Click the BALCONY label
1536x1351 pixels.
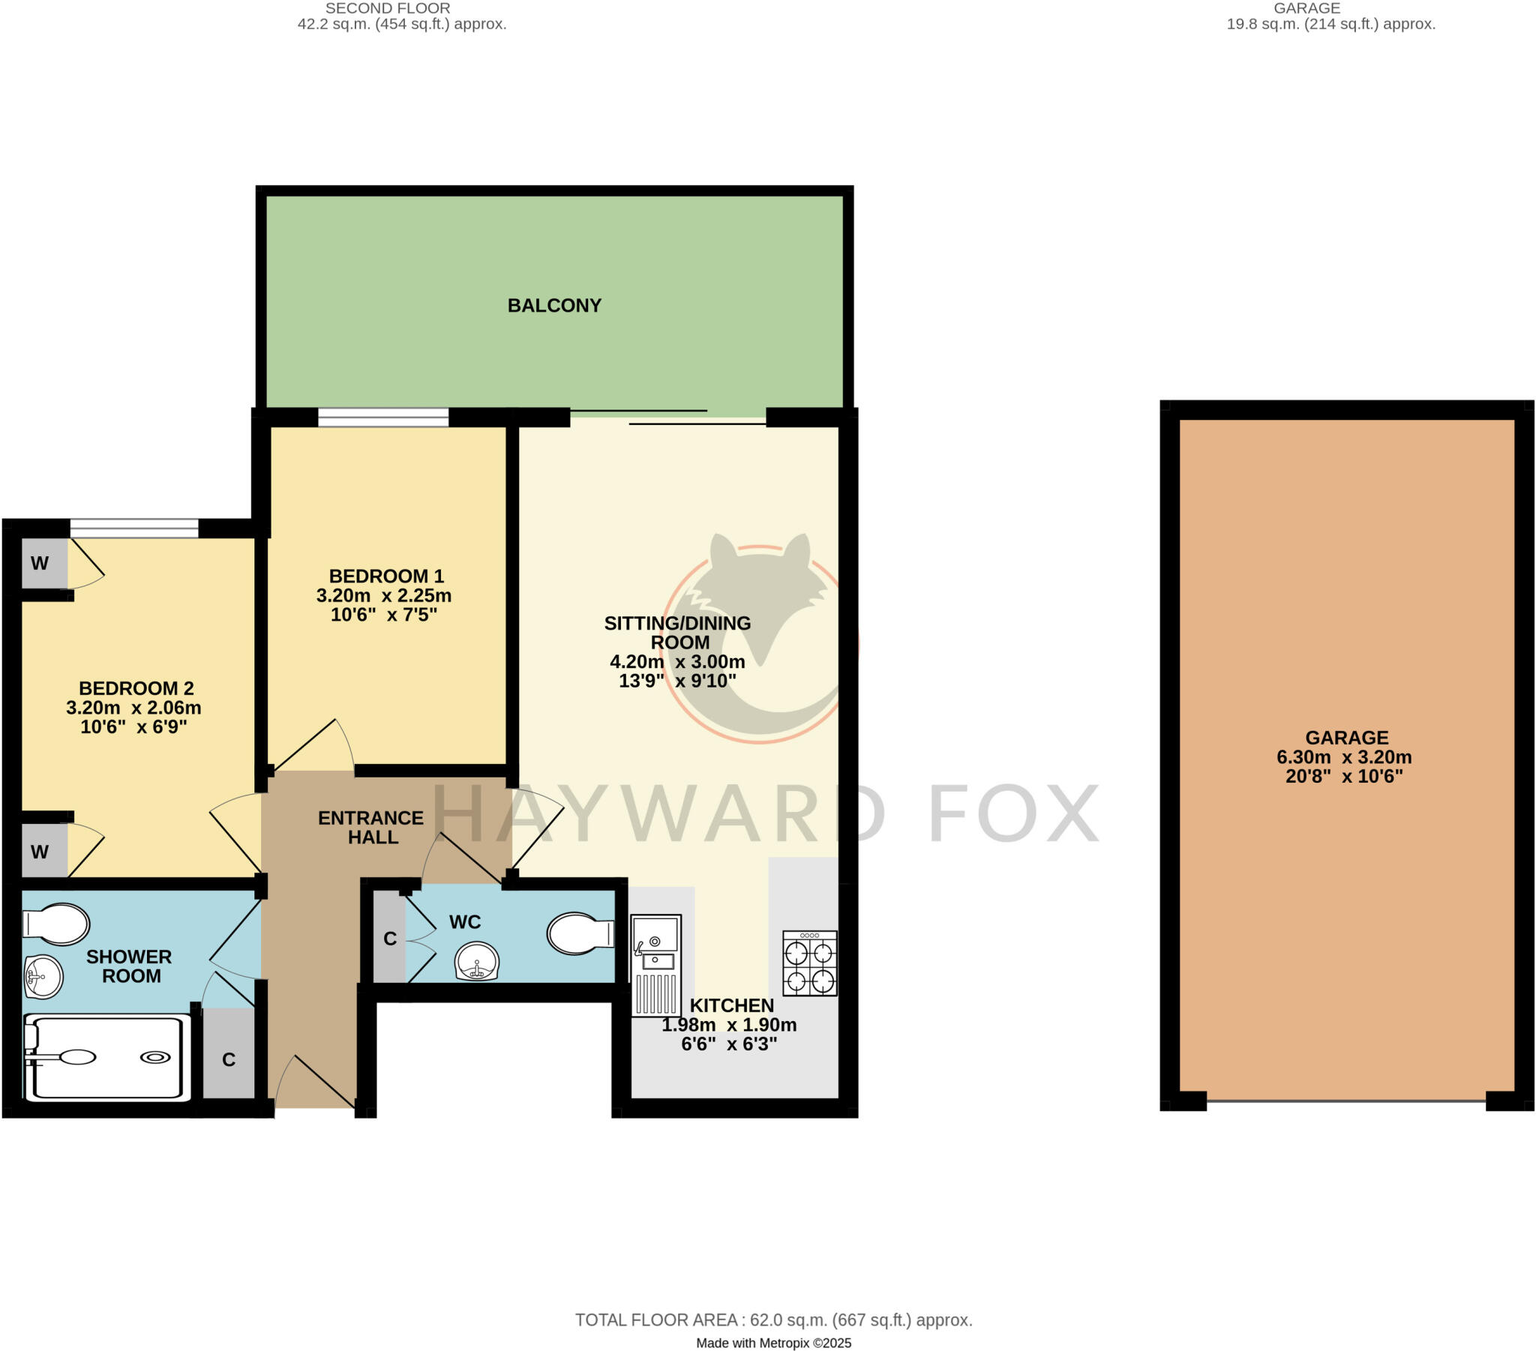coord(553,306)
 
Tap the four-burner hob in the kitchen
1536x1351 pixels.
coord(809,963)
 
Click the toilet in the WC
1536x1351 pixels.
coord(580,934)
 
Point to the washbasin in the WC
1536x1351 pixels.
coord(476,961)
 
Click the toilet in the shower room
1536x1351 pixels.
coord(56,924)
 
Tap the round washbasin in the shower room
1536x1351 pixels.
coord(43,977)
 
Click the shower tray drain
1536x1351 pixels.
coord(155,1058)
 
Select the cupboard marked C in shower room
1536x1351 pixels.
coord(229,1059)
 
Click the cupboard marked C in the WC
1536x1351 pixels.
coord(389,939)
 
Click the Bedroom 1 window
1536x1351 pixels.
coord(383,417)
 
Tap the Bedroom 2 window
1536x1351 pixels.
coord(134,529)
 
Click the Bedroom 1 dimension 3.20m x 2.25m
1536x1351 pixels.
coord(383,596)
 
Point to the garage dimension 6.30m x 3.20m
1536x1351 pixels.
coord(1343,757)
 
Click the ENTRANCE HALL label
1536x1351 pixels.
coord(371,827)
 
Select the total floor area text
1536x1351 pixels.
coord(773,1320)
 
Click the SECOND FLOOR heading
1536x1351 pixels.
coord(388,8)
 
